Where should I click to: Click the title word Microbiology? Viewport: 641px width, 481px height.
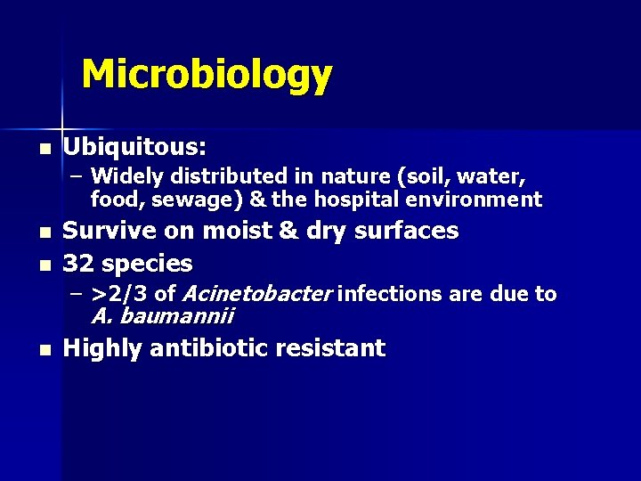pos(207,76)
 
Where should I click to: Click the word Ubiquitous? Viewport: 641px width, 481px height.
pos(134,145)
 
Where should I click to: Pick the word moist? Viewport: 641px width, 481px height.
pos(239,231)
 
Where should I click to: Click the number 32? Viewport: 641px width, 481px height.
pos(78,264)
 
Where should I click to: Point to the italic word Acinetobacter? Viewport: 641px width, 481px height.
pos(256,294)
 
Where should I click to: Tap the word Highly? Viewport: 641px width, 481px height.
pos(103,348)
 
